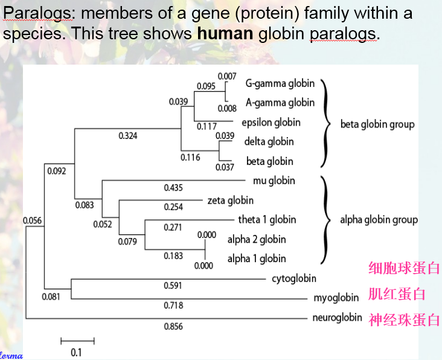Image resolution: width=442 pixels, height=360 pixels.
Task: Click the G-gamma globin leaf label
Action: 280,83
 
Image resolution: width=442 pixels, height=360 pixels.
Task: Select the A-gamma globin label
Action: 280,103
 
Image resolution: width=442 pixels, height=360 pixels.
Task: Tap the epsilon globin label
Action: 271,123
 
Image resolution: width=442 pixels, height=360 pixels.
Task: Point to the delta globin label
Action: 269,142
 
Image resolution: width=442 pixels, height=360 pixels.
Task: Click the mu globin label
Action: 278,181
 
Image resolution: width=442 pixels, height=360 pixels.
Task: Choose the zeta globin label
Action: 230,201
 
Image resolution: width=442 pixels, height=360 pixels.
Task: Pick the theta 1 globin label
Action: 267,220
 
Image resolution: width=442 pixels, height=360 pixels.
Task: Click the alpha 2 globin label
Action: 257,239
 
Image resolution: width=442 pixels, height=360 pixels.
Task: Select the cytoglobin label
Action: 294,279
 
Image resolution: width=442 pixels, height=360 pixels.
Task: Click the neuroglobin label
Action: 337,318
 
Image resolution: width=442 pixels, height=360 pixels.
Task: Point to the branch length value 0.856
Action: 173,327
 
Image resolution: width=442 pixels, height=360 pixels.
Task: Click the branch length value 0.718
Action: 173,306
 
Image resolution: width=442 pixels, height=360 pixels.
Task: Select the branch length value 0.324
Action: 127,136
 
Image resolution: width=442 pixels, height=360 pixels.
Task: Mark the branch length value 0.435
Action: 173,188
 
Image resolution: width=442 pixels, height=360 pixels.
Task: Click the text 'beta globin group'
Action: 377,124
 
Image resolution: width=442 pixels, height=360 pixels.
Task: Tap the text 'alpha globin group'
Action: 379,220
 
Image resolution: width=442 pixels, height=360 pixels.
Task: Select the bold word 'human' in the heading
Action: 225,33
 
